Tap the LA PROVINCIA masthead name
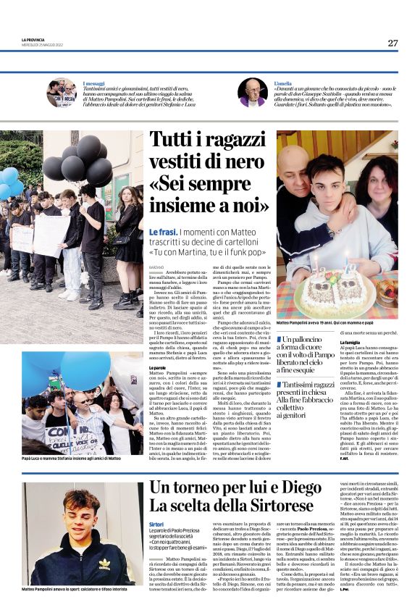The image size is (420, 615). click(x=33, y=39)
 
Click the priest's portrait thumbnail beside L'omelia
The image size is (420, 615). click(x=253, y=93)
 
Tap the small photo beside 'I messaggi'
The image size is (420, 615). click(x=62, y=93)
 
